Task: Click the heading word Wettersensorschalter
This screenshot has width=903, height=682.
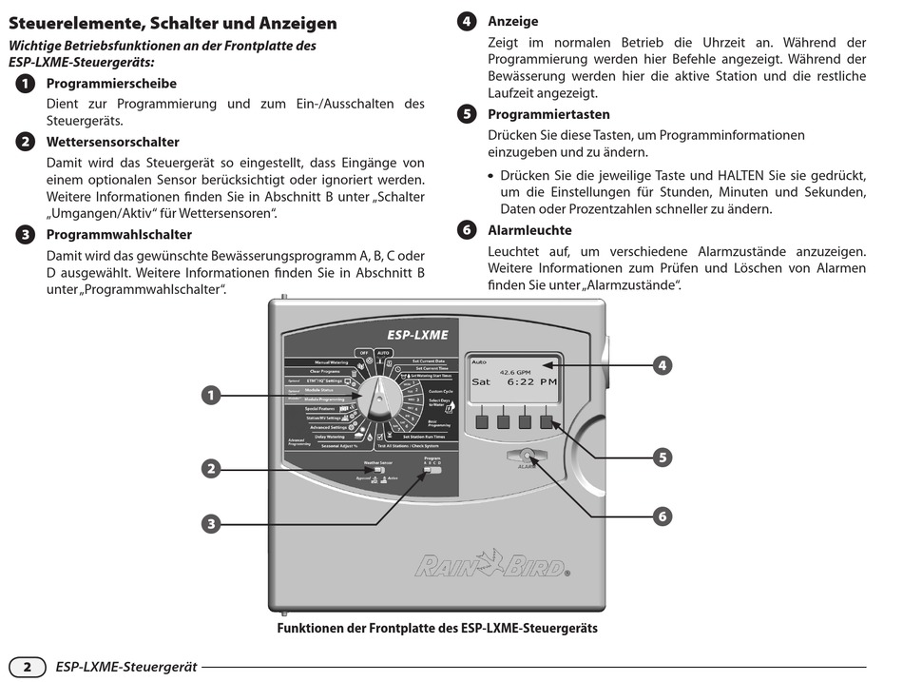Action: [x=112, y=142]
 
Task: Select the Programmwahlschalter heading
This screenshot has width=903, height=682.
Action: [x=119, y=234]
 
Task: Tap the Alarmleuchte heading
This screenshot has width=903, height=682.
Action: [x=529, y=230]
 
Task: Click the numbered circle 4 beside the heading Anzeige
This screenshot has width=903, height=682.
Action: [x=467, y=21]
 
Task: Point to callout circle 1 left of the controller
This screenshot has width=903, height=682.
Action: [x=212, y=394]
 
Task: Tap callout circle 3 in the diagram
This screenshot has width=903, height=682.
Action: [x=212, y=522]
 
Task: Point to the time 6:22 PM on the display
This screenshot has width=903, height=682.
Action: [x=530, y=381]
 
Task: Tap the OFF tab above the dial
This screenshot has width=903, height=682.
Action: [x=362, y=352]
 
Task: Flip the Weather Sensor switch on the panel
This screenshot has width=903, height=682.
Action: [x=377, y=471]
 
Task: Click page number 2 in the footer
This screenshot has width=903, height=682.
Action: [x=28, y=667]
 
